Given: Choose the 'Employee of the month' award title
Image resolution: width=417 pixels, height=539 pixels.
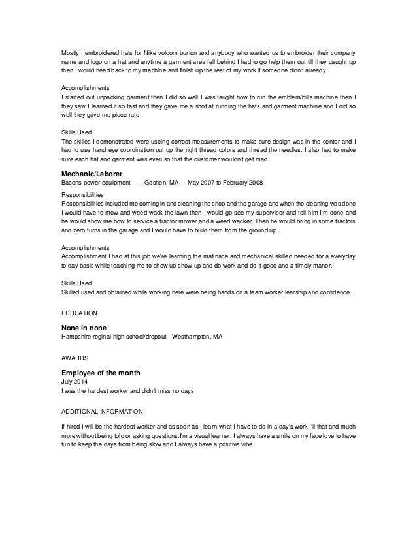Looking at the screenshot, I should coord(100,372).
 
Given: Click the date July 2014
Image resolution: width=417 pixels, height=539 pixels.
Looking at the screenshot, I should coord(74,381).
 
